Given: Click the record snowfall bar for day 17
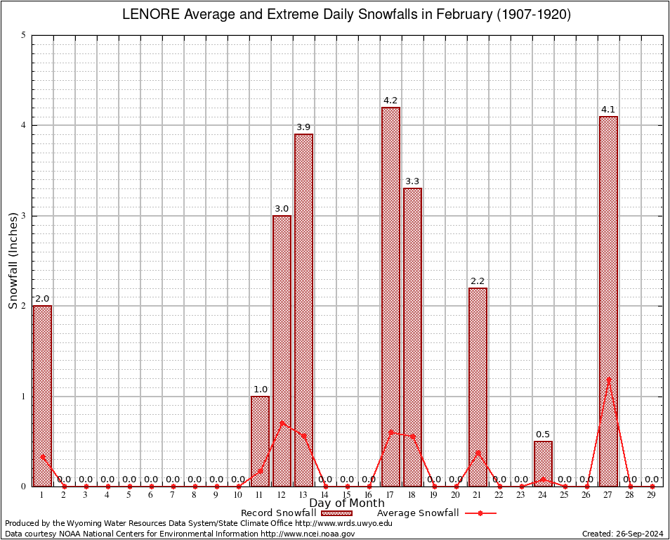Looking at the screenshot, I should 390,296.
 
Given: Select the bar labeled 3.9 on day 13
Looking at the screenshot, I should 303,309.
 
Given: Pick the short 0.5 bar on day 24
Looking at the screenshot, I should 543,463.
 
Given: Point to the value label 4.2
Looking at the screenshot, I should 390,101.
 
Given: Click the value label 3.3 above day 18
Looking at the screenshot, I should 412,181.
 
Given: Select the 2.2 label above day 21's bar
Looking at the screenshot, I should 478,281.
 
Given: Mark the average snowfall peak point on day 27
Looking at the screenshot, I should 608,380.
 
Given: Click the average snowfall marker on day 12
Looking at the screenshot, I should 282,423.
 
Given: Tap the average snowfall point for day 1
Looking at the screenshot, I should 42,456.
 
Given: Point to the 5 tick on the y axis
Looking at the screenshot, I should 23,35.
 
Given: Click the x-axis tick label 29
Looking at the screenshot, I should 652,496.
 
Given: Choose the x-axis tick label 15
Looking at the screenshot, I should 347,496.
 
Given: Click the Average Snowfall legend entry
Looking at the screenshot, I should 417,513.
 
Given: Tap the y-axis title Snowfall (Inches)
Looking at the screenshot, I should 13,260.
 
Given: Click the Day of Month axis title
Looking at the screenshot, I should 347,503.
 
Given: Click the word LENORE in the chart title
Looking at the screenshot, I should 150,14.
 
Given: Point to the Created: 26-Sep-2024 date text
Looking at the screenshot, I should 622,534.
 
